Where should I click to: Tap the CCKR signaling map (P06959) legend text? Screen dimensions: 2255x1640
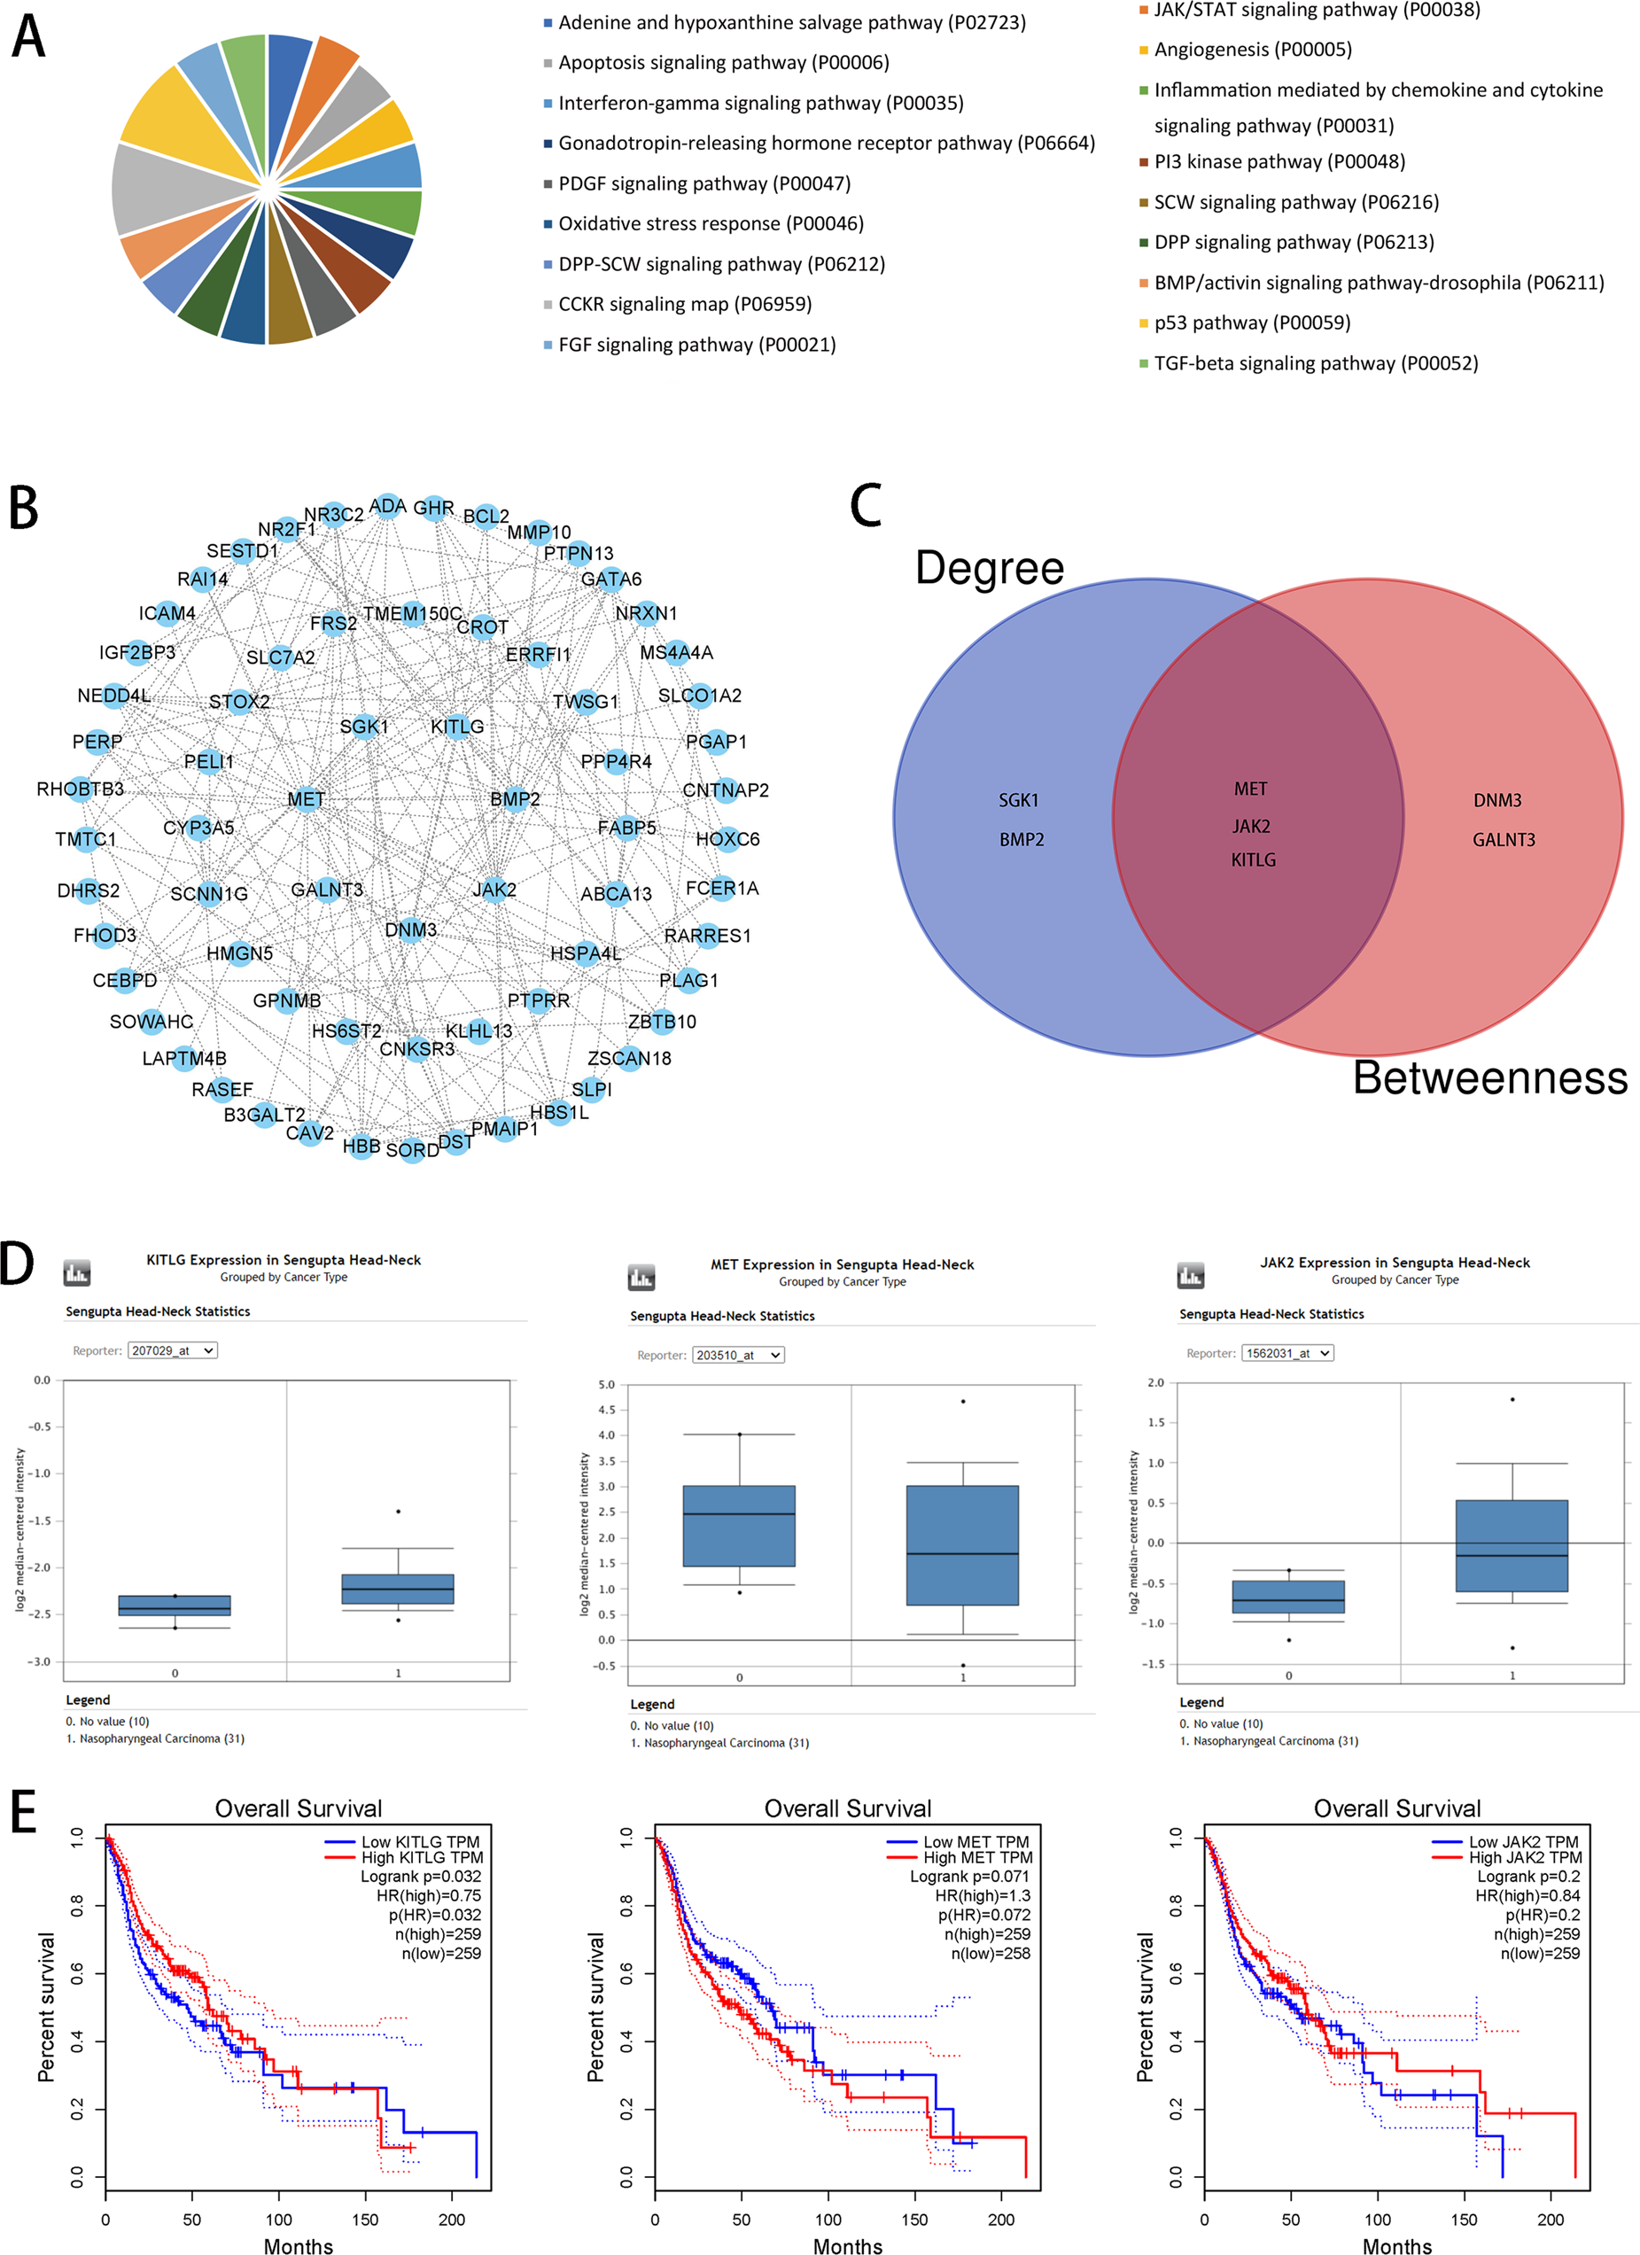pyautogui.click(x=685, y=304)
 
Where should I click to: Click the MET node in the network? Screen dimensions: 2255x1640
pyautogui.click(x=307, y=799)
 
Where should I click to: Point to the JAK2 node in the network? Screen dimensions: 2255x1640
pyautogui.click(x=494, y=890)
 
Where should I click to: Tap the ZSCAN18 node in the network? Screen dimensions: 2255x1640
pyautogui.click(x=629, y=1058)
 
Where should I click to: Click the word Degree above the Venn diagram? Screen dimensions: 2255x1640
pyautogui.click(x=989, y=568)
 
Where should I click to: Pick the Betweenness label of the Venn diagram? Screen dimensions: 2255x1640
pyautogui.click(x=1490, y=1077)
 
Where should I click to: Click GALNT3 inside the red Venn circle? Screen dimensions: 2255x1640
pyautogui.click(x=1503, y=840)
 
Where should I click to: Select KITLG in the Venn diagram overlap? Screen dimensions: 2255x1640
pyautogui.click(x=1252, y=860)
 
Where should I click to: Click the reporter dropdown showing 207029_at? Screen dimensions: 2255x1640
pyautogui.click(x=173, y=1350)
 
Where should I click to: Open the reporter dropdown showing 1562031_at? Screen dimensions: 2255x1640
pyautogui.click(x=1287, y=1353)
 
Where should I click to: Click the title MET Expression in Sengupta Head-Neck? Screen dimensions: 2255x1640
pyautogui.click(x=842, y=1264)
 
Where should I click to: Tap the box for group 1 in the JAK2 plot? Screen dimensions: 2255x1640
pyautogui.click(x=1511, y=1545)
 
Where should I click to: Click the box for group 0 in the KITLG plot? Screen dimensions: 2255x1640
pyautogui.click(x=175, y=1605)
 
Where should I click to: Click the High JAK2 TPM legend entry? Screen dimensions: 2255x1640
pyautogui.click(x=1525, y=1857)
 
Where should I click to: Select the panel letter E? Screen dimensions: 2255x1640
pyautogui.click(x=23, y=1812)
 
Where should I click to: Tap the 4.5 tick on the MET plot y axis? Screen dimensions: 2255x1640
pyautogui.click(x=606, y=1410)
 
